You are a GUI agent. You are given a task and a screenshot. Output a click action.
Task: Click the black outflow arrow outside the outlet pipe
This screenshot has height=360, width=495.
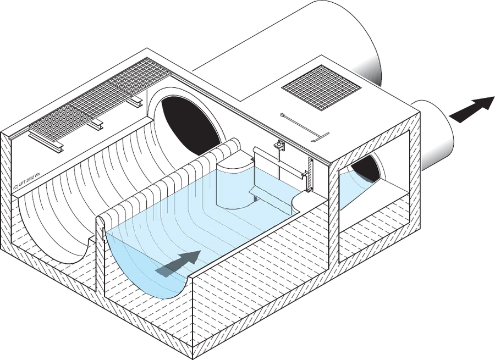point(472,109)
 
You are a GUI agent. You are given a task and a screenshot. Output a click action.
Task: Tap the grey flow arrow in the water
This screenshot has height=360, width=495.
point(178,264)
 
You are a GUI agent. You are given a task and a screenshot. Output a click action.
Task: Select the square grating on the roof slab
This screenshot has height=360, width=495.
point(321,88)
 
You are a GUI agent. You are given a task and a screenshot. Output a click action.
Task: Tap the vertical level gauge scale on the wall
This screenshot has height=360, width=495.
point(311,175)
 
